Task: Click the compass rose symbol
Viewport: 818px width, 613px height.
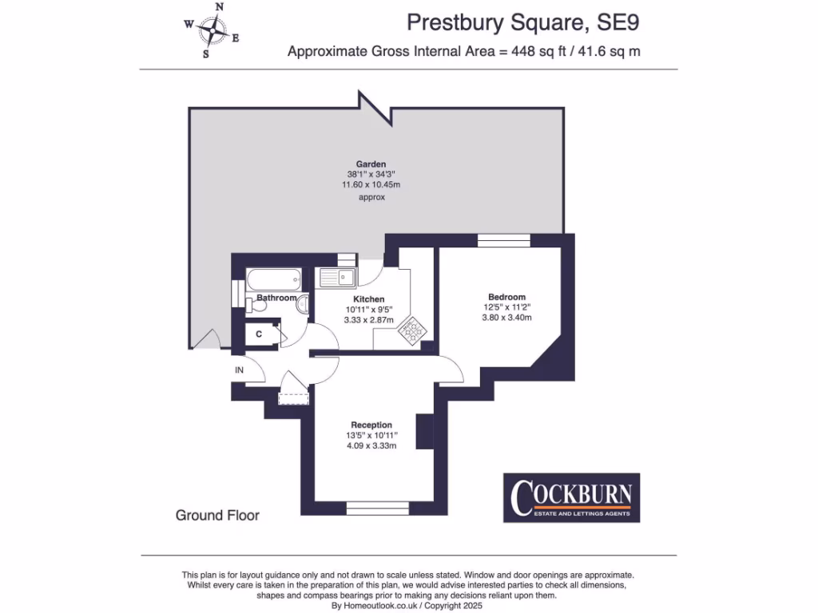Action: pyautogui.click(x=212, y=30)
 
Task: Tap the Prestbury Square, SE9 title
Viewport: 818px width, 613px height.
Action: pyautogui.click(x=522, y=23)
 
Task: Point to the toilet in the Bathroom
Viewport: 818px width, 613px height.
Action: pyautogui.click(x=260, y=304)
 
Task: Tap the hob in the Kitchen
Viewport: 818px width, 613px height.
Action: pyautogui.click(x=414, y=330)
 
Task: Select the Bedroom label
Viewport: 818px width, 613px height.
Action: pyautogui.click(x=506, y=297)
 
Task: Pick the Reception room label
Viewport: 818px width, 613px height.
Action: pyautogui.click(x=371, y=425)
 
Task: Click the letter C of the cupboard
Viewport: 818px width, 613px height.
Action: pyautogui.click(x=260, y=334)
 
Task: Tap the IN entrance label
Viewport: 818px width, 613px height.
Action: pyautogui.click(x=239, y=370)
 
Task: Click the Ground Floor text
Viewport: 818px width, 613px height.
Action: pyautogui.click(x=217, y=516)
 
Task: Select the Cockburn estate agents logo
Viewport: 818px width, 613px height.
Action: pyautogui.click(x=571, y=498)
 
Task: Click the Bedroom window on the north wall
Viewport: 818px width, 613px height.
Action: pyautogui.click(x=498, y=238)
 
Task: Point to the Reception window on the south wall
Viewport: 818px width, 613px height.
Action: pyautogui.click(x=378, y=506)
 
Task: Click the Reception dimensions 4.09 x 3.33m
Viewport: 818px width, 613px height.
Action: pyautogui.click(x=371, y=445)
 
